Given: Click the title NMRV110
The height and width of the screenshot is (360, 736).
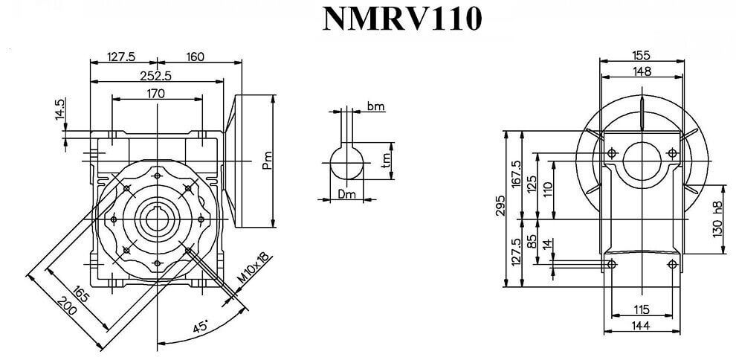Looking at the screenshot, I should click(401, 20).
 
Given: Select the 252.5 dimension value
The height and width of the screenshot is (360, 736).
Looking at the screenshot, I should click(156, 74).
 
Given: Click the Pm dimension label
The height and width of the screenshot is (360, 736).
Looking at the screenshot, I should click(268, 159).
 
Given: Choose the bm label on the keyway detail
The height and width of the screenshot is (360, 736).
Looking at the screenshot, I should click(375, 106).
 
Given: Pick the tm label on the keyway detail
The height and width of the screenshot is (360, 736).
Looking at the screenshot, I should click(387, 161).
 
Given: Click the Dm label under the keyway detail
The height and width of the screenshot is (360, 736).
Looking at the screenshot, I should click(346, 195).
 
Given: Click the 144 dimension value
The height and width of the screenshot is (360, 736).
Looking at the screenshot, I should click(643, 327).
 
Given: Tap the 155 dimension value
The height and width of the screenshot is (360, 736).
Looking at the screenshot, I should click(642, 54).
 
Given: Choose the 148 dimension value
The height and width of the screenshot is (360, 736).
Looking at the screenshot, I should click(642, 71).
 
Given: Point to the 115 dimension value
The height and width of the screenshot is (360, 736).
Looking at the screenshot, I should click(642, 309).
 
